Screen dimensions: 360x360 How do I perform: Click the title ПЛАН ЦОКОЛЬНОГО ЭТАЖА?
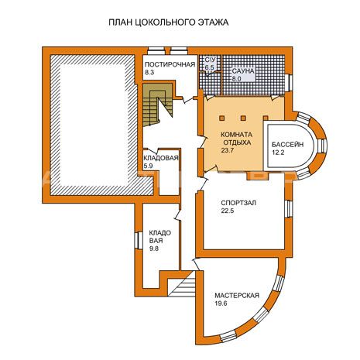click(x=168, y=22)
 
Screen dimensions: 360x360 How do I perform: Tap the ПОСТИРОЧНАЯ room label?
click(x=170, y=64)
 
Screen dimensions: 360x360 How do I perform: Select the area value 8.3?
click(x=149, y=73)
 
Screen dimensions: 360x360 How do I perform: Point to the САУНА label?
click(x=243, y=71)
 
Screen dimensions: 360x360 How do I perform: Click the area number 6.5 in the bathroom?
click(x=210, y=67)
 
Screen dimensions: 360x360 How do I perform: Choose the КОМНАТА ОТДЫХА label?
click(x=236, y=139)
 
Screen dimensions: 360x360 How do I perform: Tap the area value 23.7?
click(x=227, y=150)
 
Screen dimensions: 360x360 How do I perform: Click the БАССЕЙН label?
click(x=287, y=145)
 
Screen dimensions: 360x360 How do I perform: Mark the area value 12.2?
click(x=278, y=153)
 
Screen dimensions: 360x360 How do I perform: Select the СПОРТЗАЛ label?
click(x=238, y=203)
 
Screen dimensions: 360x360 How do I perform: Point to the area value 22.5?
click(x=227, y=211)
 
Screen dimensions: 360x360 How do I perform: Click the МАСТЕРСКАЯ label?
click(x=237, y=296)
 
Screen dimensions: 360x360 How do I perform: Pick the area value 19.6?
click(x=221, y=303)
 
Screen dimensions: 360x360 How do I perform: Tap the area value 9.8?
click(x=154, y=249)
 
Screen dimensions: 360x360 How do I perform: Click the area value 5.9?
click(x=148, y=166)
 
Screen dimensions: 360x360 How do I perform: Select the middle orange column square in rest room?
click(x=243, y=118)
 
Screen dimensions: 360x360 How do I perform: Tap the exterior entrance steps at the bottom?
click(x=182, y=284)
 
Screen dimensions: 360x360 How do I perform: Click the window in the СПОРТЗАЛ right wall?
click(x=290, y=209)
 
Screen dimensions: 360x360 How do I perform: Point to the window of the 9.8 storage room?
click(x=139, y=241)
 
